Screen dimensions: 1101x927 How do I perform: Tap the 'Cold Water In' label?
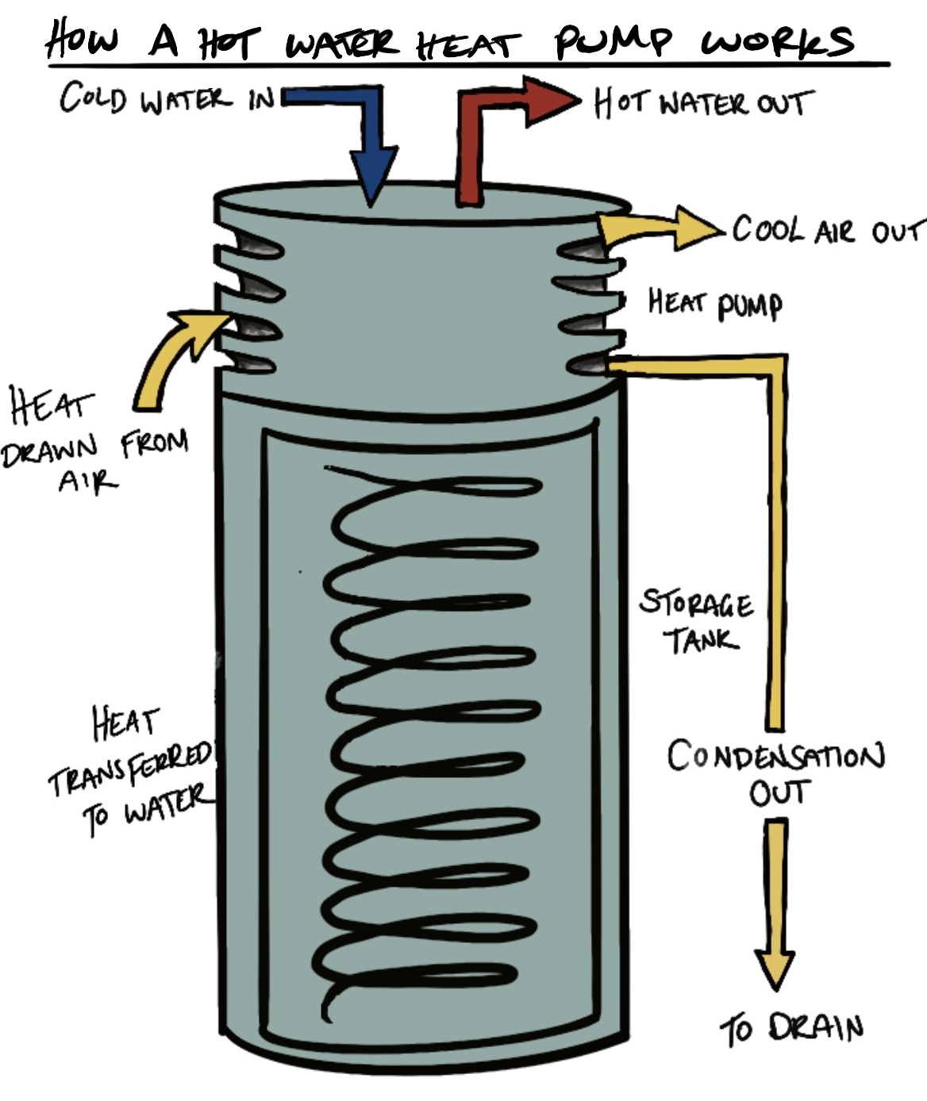167,99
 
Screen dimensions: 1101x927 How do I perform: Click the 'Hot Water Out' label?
702,103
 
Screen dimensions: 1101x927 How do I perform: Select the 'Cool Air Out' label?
825,230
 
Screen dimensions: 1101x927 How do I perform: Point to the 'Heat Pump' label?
714,303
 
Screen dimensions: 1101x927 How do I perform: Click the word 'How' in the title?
79,40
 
